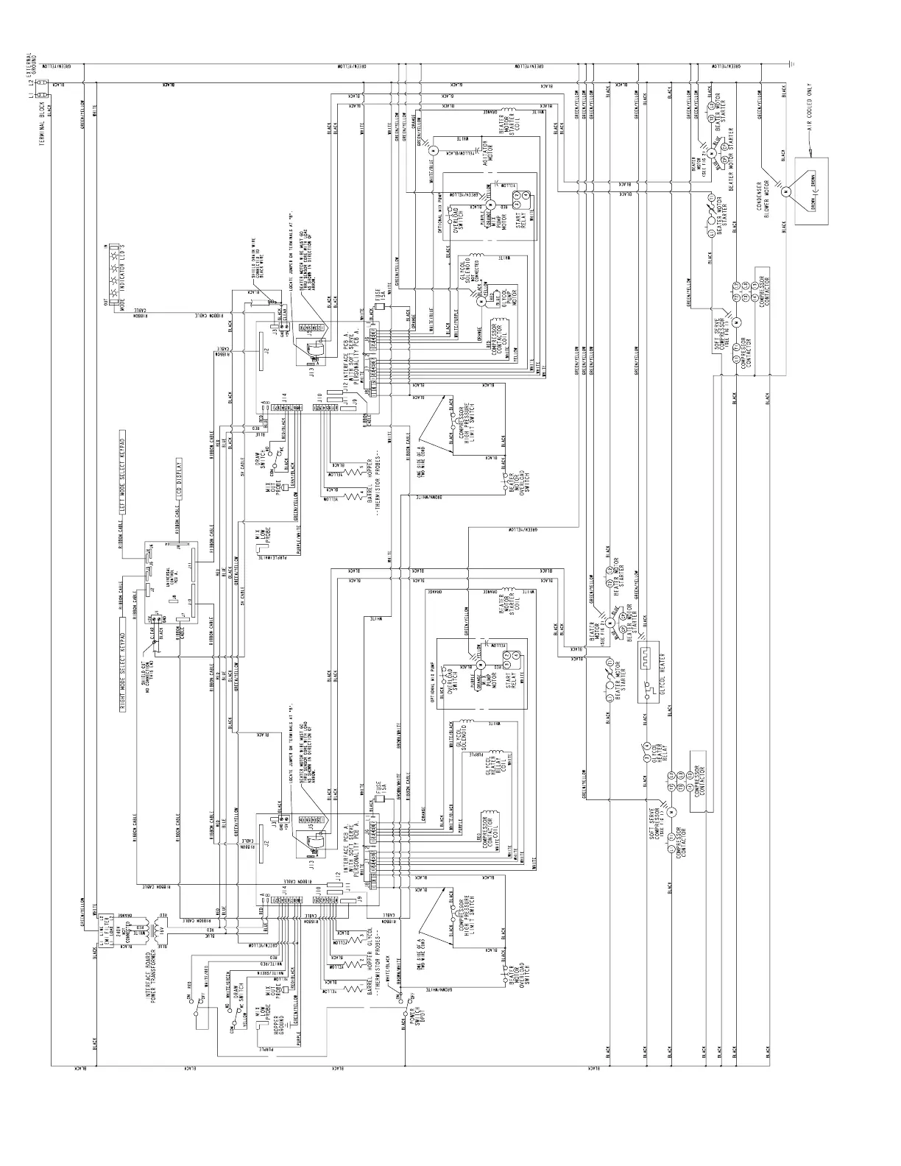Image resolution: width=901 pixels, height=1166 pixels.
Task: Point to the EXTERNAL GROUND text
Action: (x=33, y=67)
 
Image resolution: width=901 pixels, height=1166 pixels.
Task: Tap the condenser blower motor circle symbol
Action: (x=785, y=191)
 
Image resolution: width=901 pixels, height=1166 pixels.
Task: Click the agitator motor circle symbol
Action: (x=434, y=150)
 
